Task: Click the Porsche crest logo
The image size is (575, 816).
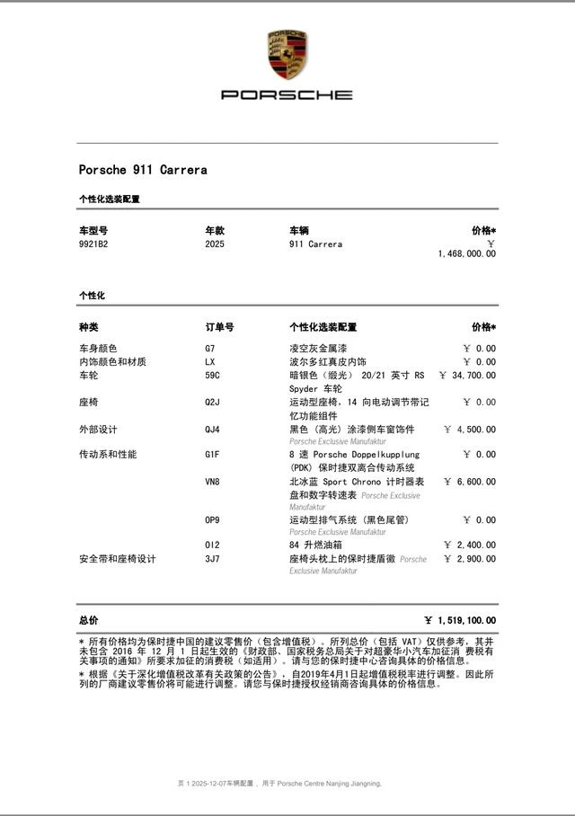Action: [287, 54]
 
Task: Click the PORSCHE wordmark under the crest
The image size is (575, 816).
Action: [287, 94]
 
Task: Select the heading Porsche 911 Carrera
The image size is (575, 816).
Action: [143, 169]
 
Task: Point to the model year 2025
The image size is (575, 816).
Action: [215, 244]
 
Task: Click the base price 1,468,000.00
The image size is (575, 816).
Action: [466, 254]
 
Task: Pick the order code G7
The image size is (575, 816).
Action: [210, 348]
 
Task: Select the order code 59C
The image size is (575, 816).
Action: [212, 375]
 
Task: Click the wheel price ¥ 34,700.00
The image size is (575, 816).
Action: [467, 375]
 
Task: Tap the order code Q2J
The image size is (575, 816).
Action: [212, 402]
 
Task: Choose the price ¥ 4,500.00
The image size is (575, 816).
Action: [470, 430]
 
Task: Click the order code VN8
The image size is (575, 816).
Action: [212, 482]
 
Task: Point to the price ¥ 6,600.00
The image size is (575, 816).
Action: [470, 482]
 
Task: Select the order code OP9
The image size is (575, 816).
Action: [212, 519]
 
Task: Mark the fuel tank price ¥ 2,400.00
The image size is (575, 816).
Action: [470, 545]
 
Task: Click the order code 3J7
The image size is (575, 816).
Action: [212, 559]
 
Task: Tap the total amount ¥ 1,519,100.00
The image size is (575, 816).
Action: [460, 620]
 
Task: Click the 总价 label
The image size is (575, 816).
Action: [89, 620]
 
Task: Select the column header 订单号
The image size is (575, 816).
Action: [219, 327]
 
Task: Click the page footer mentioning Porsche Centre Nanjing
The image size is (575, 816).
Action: [279, 783]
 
